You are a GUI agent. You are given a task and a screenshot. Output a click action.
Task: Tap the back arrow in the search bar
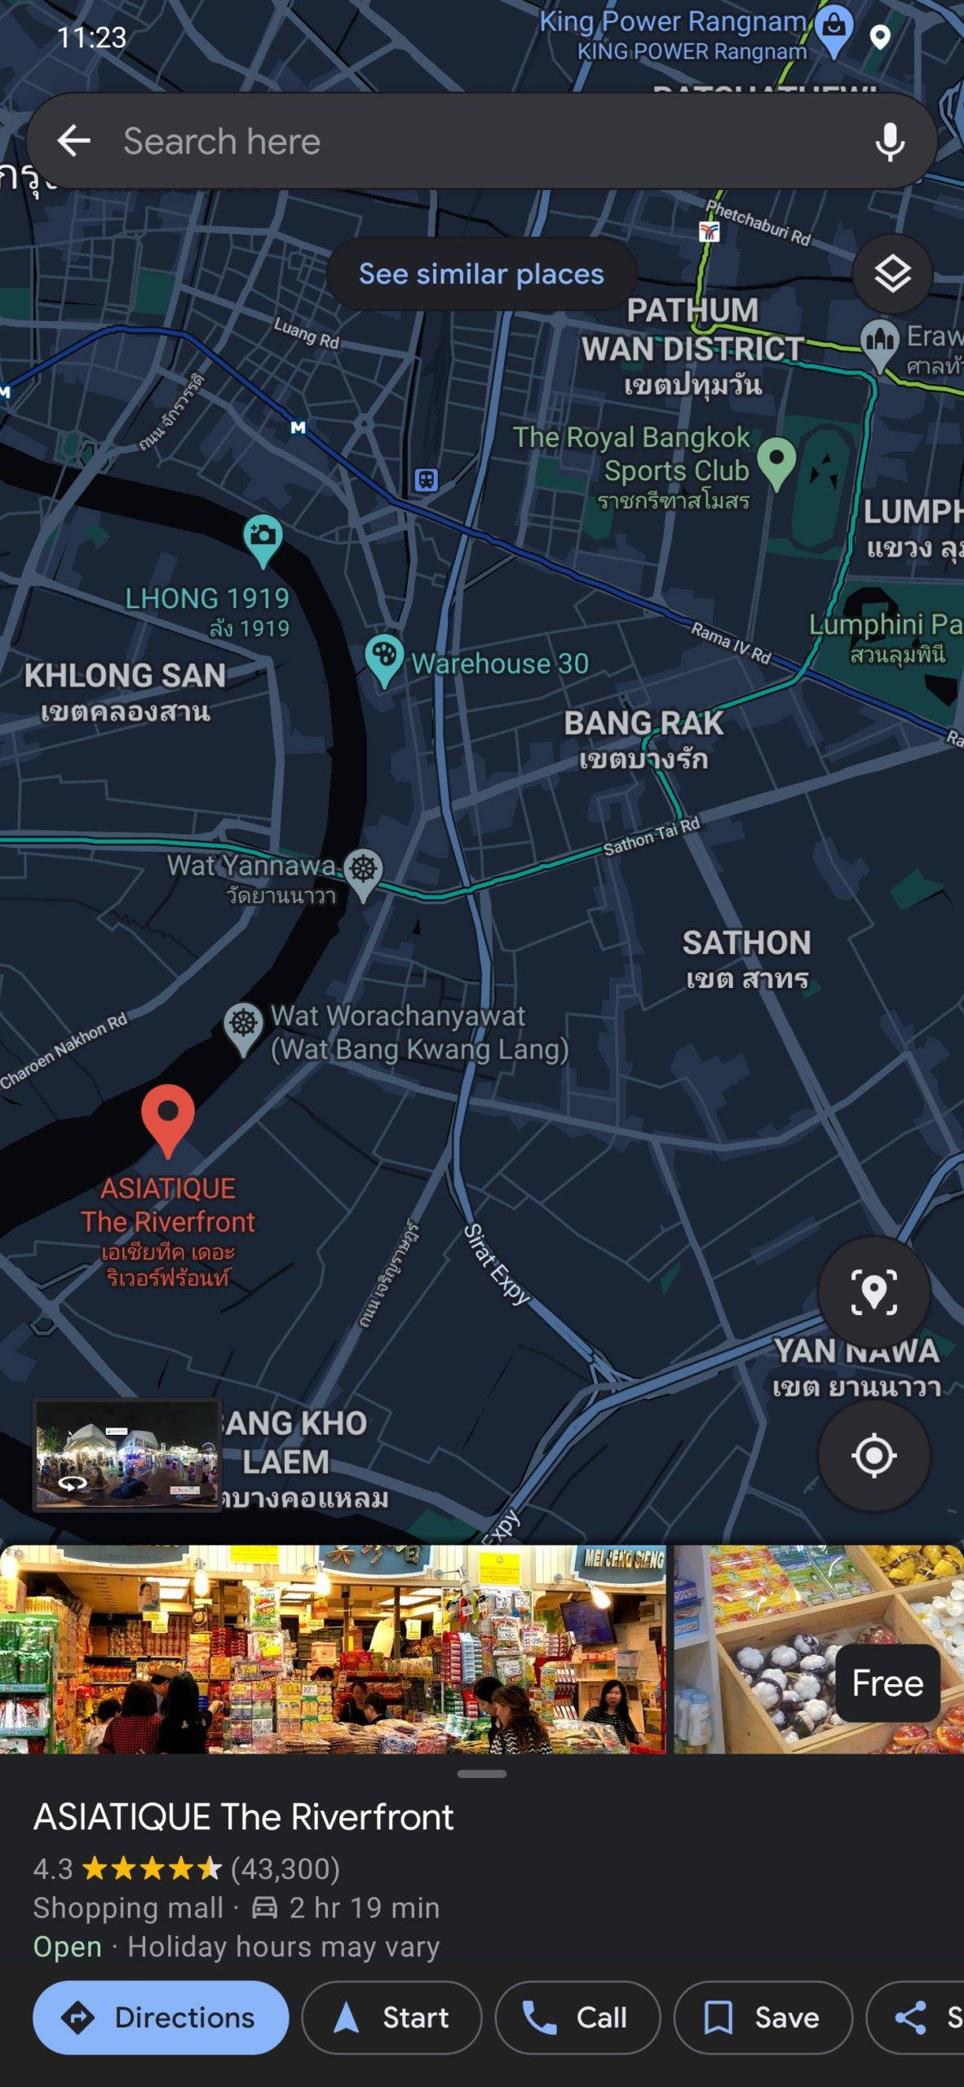coord(73,141)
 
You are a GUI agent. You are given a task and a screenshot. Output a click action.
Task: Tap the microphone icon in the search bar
coord(889,142)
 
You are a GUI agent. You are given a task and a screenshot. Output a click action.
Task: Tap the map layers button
coord(892,274)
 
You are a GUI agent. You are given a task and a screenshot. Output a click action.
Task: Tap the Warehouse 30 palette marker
coord(384,657)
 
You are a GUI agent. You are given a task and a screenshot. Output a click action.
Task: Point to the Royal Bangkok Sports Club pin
coord(776,460)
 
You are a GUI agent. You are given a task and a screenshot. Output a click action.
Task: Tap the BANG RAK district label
coord(643,723)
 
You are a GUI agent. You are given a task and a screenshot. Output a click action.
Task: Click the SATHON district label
coord(746,943)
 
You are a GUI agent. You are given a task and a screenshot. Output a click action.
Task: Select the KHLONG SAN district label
coord(125,676)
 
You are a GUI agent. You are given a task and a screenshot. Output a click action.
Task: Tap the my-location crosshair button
coord(873,1455)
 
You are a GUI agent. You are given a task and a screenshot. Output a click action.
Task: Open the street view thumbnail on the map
coord(126,1455)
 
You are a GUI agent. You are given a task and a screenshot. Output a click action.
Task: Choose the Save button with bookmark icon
coord(763,2018)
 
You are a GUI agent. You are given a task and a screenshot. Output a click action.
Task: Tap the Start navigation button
coord(391,2018)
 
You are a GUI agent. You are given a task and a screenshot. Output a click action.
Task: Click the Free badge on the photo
coord(887,1683)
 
